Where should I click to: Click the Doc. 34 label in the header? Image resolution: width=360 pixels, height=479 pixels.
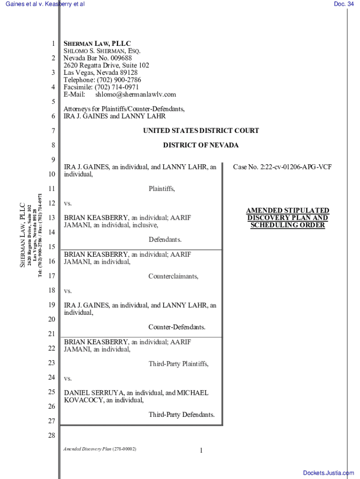[344, 4]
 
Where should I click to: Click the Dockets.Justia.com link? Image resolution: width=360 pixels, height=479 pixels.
[328, 473]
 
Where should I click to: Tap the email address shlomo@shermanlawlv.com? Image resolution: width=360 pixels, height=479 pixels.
[136, 94]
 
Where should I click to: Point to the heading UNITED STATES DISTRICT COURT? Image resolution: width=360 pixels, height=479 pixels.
[201, 131]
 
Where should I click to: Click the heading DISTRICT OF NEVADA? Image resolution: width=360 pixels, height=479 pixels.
[201, 145]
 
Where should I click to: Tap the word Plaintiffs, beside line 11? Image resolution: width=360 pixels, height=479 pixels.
[162, 189]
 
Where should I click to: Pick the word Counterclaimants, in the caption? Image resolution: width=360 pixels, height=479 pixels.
[173, 276]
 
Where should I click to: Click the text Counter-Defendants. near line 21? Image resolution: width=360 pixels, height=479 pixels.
[177, 327]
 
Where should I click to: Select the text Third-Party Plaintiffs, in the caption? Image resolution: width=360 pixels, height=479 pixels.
[179, 363]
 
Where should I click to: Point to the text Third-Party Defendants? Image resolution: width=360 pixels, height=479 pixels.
[181, 414]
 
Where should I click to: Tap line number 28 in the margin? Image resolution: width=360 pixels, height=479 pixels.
[51, 436]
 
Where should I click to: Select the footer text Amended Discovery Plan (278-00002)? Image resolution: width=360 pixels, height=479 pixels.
[100, 449]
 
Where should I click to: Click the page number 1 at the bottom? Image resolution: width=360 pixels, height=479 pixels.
[201, 450]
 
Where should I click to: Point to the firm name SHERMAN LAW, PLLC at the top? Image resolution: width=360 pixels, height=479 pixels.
[97, 44]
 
